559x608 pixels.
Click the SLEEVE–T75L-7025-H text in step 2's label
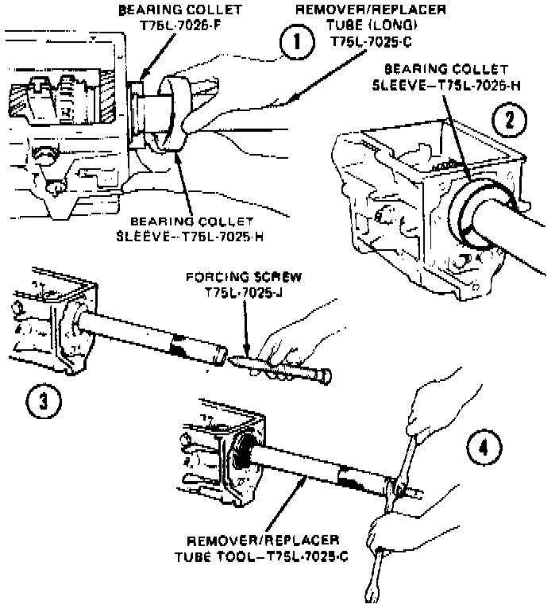(x=447, y=86)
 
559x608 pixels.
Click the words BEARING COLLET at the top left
(x=166, y=11)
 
